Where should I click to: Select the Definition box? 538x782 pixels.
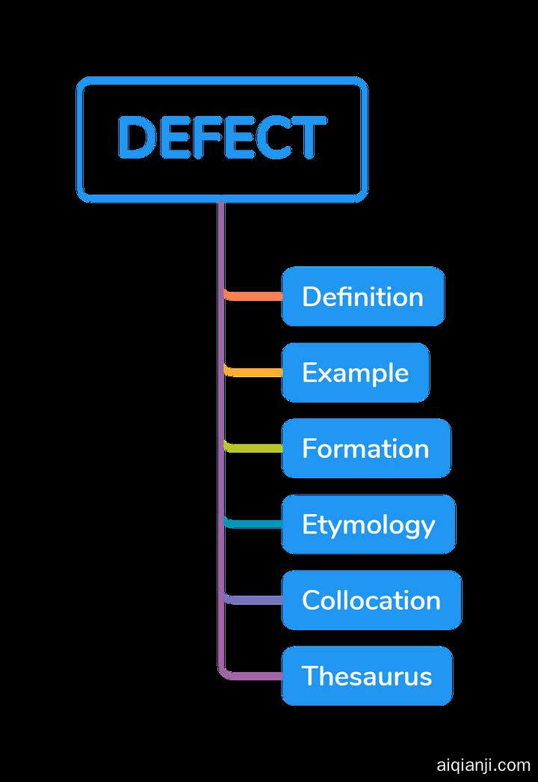pyautogui.click(x=362, y=296)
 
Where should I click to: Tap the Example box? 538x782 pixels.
pyautogui.click(x=355, y=373)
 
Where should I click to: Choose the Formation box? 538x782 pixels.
pyautogui.click(x=365, y=448)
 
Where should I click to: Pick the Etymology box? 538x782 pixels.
pyautogui.click(x=368, y=525)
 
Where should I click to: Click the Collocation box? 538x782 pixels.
pyautogui.click(x=371, y=600)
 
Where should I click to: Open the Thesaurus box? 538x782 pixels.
pyautogui.click(x=366, y=676)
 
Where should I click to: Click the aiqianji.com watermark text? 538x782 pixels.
pyautogui.click(x=483, y=765)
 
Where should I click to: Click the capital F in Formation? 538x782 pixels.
pyautogui.click(x=309, y=448)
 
